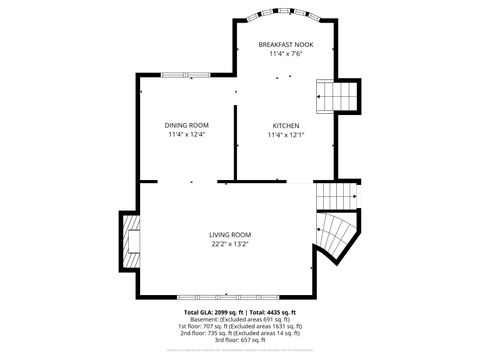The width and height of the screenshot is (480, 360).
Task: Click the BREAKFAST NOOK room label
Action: pos(286,45)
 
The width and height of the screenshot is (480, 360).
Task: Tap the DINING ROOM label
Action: pos(187,125)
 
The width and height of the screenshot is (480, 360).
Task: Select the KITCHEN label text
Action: pos(286,125)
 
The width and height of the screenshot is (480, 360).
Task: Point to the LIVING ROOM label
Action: pos(230,234)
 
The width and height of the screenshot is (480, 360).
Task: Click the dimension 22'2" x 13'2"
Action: pos(230,243)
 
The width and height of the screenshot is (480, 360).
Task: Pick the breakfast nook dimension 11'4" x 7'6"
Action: pos(286,54)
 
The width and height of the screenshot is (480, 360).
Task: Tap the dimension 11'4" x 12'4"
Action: pos(187,134)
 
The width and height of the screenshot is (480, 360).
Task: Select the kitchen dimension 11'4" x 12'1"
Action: pos(286,134)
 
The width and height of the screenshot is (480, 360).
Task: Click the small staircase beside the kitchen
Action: pos(337,97)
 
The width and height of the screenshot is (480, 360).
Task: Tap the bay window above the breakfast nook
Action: pos(285,17)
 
